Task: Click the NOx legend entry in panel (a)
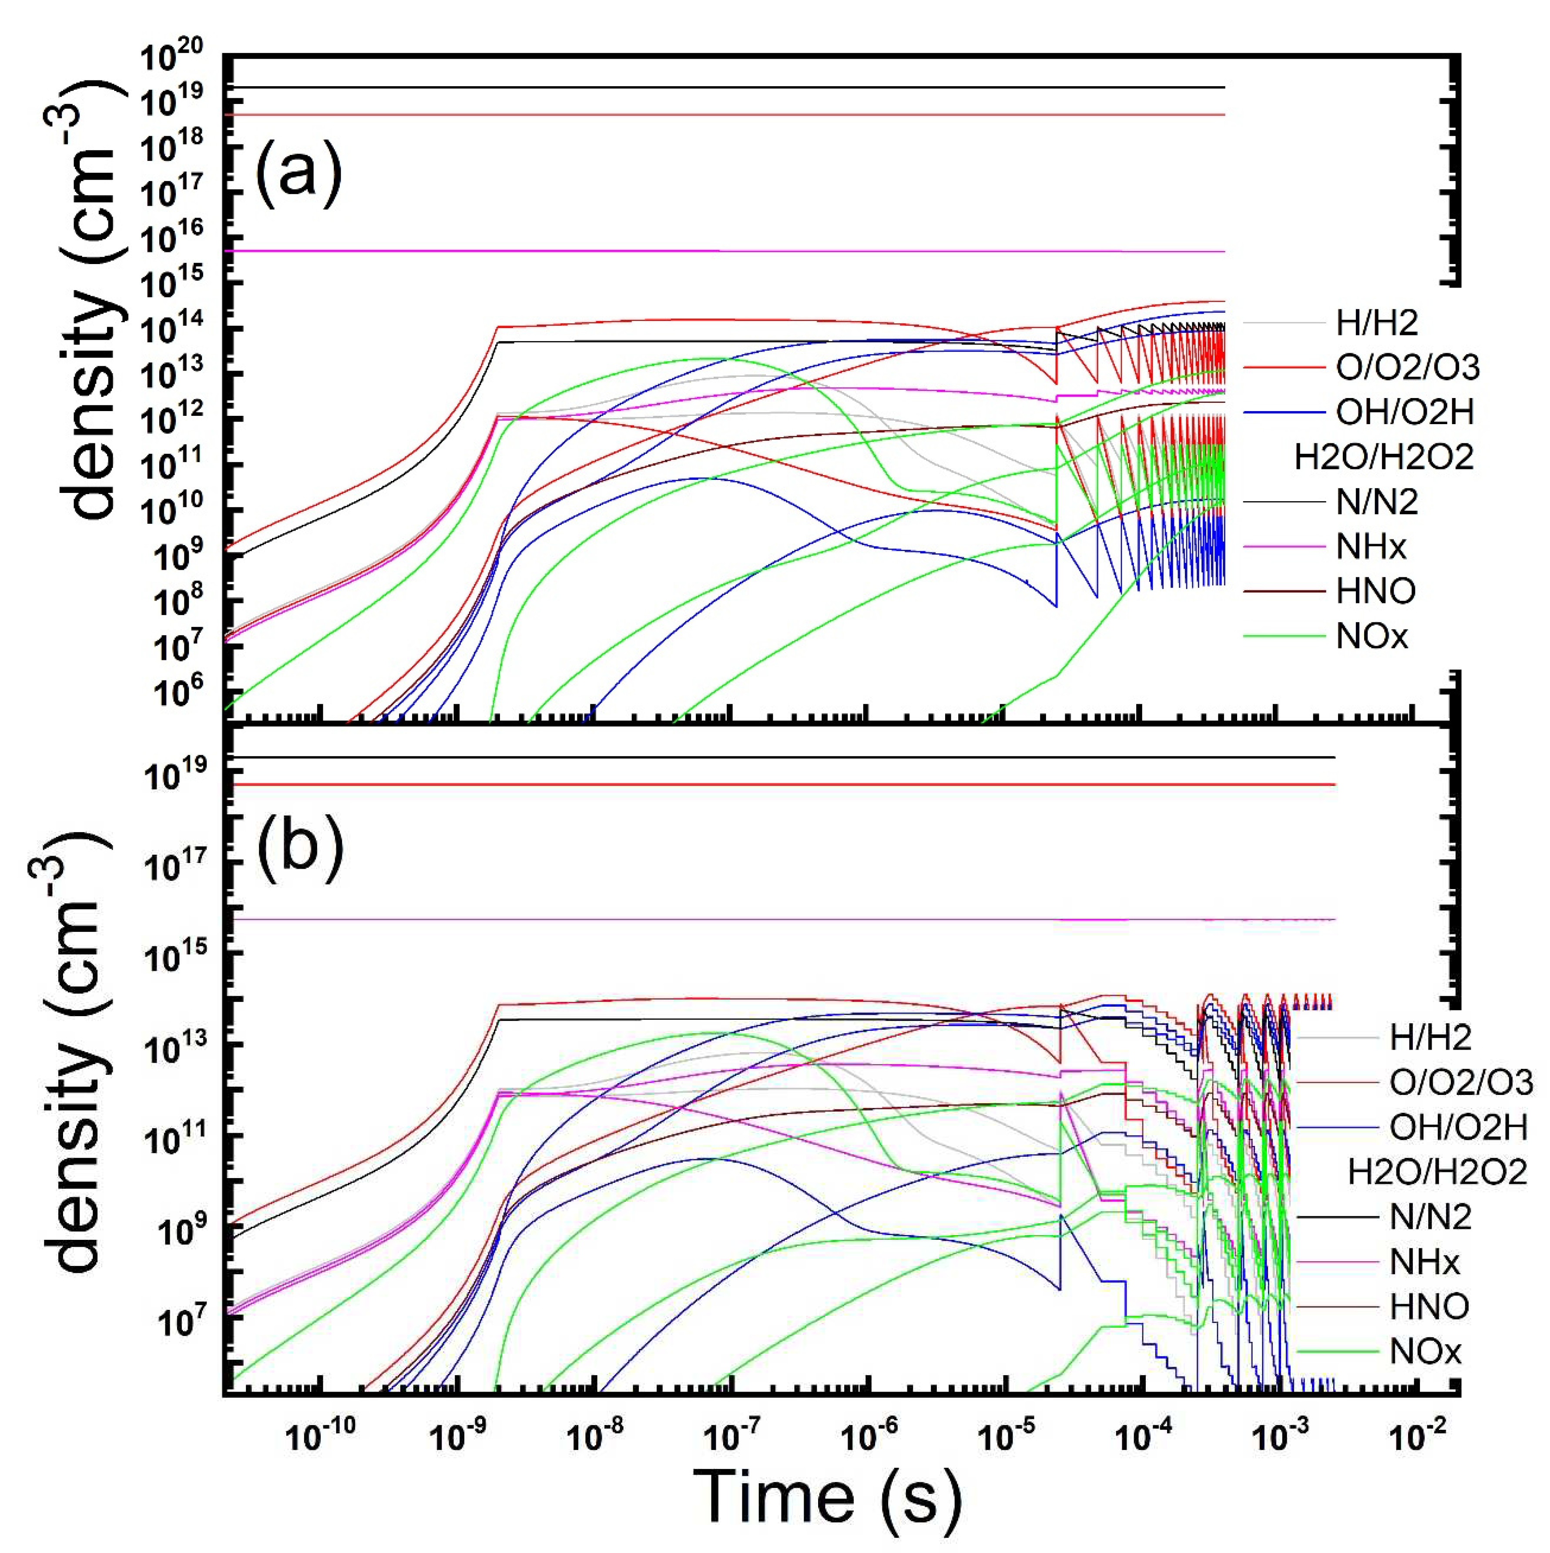coord(1372,636)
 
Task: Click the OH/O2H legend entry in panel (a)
coord(1404,412)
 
